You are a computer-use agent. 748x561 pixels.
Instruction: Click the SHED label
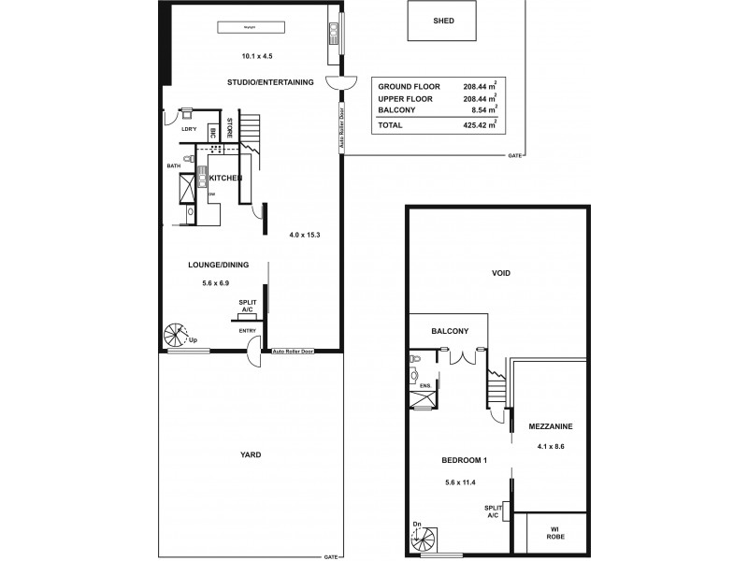pyautogui.click(x=444, y=21)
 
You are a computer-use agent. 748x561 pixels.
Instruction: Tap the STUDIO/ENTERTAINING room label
pyautogui.click(x=270, y=82)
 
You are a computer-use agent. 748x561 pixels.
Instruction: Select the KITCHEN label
pyautogui.click(x=225, y=178)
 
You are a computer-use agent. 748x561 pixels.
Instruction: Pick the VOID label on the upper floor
pyautogui.click(x=506, y=273)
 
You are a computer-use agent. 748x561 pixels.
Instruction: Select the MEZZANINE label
pyautogui.click(x=550, y=426)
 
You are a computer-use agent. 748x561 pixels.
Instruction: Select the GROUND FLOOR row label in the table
pyautogui.click(x=410, y=86)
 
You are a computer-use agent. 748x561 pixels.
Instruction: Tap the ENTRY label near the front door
pyautogui.click(x=248, y=330)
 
